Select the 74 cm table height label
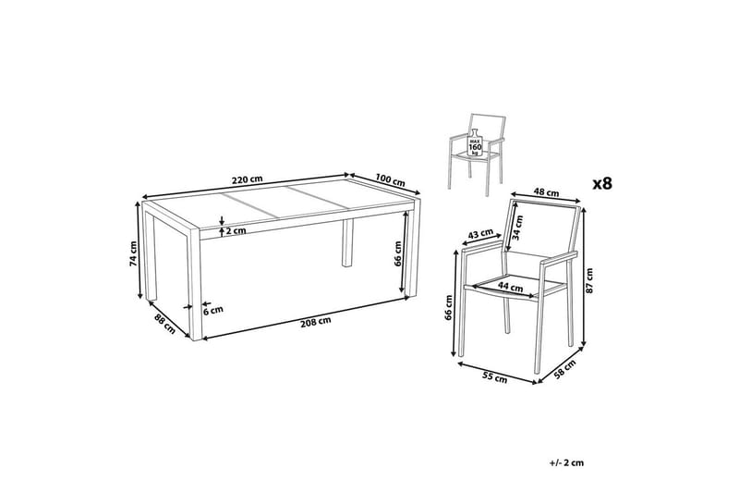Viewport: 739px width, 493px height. click(134, 253)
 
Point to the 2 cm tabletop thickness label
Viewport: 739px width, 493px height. click(237, 231)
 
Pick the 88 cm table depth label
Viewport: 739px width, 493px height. click(164, 325)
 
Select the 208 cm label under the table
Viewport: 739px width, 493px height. click(314, 323)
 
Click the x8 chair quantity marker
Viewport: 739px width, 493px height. click(601, 182)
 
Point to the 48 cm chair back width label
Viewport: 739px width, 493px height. click(547, 193)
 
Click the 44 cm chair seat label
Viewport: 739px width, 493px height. click(505, 287)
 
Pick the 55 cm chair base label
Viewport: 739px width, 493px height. click(494, 376)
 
